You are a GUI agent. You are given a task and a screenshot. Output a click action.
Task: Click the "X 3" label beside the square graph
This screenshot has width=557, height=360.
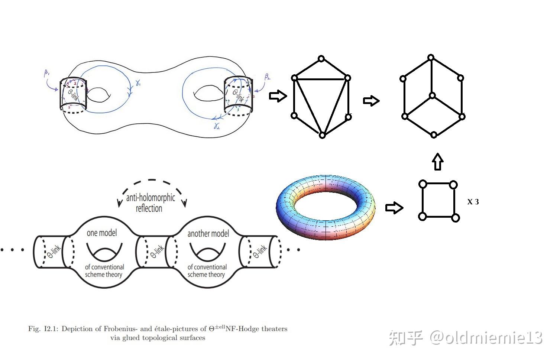tap(473, 202)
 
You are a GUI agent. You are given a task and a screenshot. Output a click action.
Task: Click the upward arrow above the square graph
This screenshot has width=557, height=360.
tap(438, 162)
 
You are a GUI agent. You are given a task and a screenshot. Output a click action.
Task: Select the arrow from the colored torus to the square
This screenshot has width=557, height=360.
tap(394, 208)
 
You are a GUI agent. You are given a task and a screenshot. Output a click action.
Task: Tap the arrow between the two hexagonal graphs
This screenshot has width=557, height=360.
tap(371, 100)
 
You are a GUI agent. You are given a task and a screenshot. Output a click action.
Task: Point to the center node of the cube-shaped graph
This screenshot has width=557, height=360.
tap(432, 96)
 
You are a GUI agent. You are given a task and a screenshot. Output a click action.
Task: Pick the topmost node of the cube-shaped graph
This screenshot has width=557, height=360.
tap(431, 58)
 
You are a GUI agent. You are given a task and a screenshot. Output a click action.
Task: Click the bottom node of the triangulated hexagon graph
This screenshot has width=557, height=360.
tap(322, 136)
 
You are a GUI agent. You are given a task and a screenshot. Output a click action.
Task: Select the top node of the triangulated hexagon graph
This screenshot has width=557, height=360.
tap(321, 59)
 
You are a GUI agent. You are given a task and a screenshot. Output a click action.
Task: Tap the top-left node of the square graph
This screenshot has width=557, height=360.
tap(422, 184)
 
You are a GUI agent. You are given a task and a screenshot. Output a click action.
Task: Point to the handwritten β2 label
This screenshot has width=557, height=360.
tap(267, 77)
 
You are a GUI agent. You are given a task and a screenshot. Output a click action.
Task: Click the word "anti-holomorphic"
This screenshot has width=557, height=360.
tap(150, 197)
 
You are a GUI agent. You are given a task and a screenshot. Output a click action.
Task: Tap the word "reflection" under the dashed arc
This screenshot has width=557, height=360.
tap(149, 208)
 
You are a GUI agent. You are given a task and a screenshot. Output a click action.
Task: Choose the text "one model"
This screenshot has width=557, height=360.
tap(101, 233)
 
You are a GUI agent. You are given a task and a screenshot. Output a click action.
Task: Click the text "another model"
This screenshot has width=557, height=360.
tap(208, 234)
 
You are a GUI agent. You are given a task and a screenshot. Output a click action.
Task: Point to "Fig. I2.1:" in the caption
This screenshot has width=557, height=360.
tap(43, 329)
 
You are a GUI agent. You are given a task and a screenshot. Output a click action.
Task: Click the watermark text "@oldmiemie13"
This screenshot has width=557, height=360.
tap(486, 338)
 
